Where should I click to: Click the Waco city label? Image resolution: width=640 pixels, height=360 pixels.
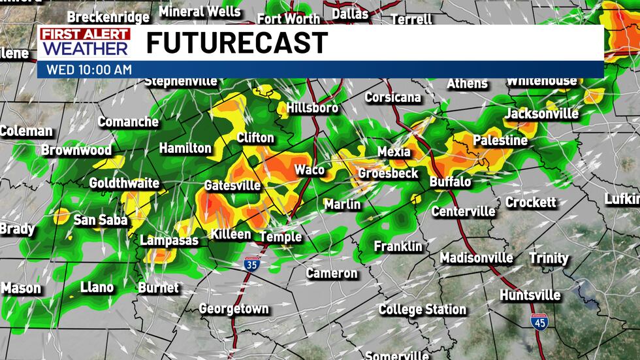click(x=309, y=170)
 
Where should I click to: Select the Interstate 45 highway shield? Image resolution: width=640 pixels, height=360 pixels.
click(x=539, y=322)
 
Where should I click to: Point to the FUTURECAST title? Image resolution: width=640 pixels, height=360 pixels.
click(x=236, y=43)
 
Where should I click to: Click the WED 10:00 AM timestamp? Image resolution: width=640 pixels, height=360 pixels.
click(x=89, y=69)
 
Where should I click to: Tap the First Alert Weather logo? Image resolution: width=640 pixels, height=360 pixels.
click(x=85, y=42)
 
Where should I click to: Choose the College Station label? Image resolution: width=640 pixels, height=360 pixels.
click(x=423, y=309)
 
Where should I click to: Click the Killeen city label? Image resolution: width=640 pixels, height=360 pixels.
click(x=231, y=234)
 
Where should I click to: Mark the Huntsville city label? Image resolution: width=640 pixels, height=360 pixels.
click(x=530, y=295)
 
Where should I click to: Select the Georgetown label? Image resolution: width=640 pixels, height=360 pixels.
click(x=233, y=308)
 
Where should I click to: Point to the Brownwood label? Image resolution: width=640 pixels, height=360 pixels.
click(x=76, y=150)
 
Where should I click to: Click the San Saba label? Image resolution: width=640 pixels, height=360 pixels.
click(x=100, y=220)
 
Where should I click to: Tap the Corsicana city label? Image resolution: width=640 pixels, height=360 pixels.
click(x=392, y=97)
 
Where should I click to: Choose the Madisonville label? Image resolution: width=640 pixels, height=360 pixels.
click(x=476, y=258)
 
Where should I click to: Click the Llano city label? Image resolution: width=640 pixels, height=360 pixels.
click(x=97, y=287)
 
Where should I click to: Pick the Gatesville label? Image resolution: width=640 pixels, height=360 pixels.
click(x=232, y=186)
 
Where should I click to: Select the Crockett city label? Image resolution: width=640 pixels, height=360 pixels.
click(x=530, y=203)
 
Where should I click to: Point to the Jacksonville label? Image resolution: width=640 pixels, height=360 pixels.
click(x=541, y=114)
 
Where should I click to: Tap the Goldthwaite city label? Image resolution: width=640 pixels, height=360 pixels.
click(x=124, y=183)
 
